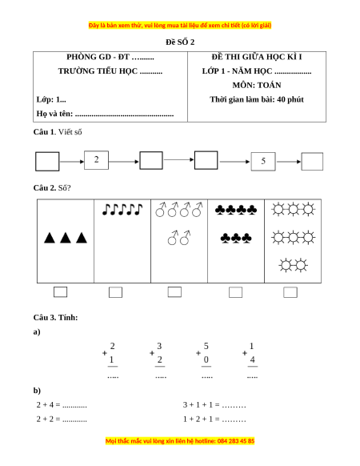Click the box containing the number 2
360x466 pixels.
tap(96, 160)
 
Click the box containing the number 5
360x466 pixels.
tap(263, 162)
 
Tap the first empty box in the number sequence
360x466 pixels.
tap(47, 162)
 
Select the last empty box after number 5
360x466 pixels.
tap(312, 162)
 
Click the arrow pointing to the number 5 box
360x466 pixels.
tap(234, 162)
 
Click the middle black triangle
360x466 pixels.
tap(66, 238)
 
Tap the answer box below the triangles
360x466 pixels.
tap(60, 291)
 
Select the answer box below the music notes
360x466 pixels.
tap(115, 292)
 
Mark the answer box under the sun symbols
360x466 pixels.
tap(290, 292)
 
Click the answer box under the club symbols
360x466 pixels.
tap(235, 292)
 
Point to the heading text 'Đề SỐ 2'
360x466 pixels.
tap(180, 42)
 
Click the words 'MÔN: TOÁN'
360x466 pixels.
tap(257, 86)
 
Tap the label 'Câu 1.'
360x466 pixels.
tap(45, 132)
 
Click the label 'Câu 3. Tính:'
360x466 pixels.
tap(55, 317)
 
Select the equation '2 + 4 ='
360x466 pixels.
tap(49, 405)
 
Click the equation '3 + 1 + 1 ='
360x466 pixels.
tap(201, 405)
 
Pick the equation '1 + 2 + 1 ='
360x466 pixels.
tap(201, 420)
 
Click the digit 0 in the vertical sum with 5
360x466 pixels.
tap(206, 360)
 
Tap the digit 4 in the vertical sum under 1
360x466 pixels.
tap(252, 360)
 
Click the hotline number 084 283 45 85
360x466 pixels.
tap(236, 440)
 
